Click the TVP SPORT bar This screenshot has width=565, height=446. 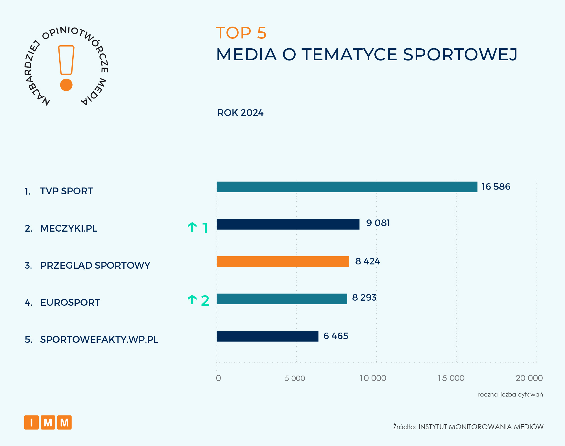pyautogui.click(x=347, y=187)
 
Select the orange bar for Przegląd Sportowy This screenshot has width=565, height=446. pyautogui.click(x=283, y=262)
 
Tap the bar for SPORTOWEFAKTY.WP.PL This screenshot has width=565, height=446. pyautogui.click(x=267, y=336)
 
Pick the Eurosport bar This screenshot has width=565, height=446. pyautogui.click(x=282, y=299)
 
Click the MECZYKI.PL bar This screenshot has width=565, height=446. pyautogui.click(x=288, y=224)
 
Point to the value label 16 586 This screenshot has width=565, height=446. pyautogui.click(x=496, y=187)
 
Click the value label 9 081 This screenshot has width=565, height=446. pyautogui.click(x=378, y=223)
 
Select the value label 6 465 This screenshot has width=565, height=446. pyautogui.click(x=335, y=336)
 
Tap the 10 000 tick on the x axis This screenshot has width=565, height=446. pyautogui.click(x=372, y=378)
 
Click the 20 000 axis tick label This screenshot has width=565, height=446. pyautogui.click(x=529, y=378)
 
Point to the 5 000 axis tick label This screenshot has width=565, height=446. pyautogui.click(x=295, y=378)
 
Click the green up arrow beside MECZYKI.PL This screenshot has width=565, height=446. pyautogui.click(x=192, y=227)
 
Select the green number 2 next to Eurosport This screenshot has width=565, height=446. pyautogui.click(x=205, y=301)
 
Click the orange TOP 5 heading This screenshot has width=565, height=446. pyautogui.click(x=241, y=33)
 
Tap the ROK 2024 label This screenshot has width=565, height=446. pyautogui.click(x=240, y=113)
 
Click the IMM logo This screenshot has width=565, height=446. pyautogui.click(x=48, y=423)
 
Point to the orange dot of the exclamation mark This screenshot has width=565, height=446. pyautogui.click(x=66, y=85)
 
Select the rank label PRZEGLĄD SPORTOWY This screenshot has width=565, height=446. pyautogui.click(x=95, y=265)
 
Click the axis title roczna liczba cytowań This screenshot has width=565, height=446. pyautogui.click(x=510, y=395)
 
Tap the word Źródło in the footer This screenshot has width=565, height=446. pyautogui.click(x=405, y=427)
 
